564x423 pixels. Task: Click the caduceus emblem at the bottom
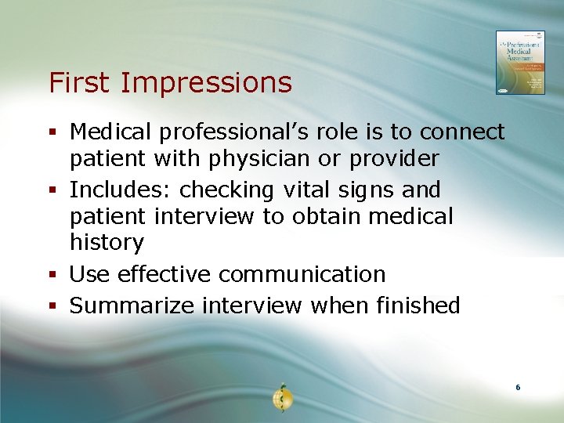[x=281, y=397]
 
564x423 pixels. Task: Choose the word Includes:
[x=121, y=190]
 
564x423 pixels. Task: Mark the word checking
[x=227, y=190]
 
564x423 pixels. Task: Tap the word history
[x=107, y=243]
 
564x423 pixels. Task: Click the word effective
[x=166, y=274]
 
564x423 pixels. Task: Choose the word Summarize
[x=132, y=305]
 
